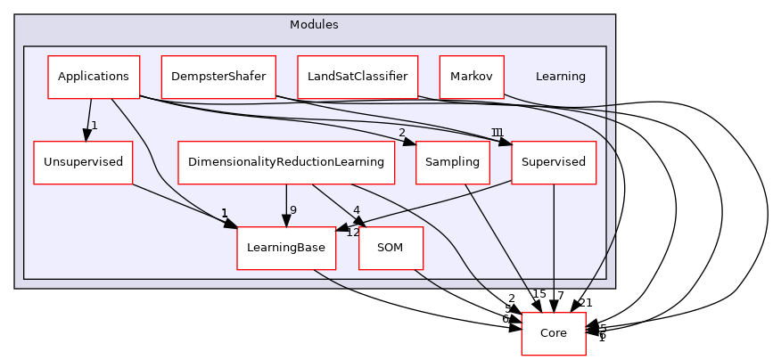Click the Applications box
click(x=94, y=77)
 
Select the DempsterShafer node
click(x=218, y=77)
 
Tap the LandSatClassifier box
click(x=358, y=77)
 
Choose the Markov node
click(x=472, y=77)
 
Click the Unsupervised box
click(x=83, y=162)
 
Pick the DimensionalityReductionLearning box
click(x=286, y=162)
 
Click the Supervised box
click(x=554, y=162)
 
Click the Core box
click(x=554, y=333)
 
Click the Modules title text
click(x=314, y=24)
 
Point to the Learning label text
click(x=561, y=77)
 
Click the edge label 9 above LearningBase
click(x=293, y=210)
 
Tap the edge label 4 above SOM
click(x=357, y=210)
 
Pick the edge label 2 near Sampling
click(x=402, y=133)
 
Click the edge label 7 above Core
click(x=560, y=295)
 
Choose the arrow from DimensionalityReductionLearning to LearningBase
click(x=286, y=205)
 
